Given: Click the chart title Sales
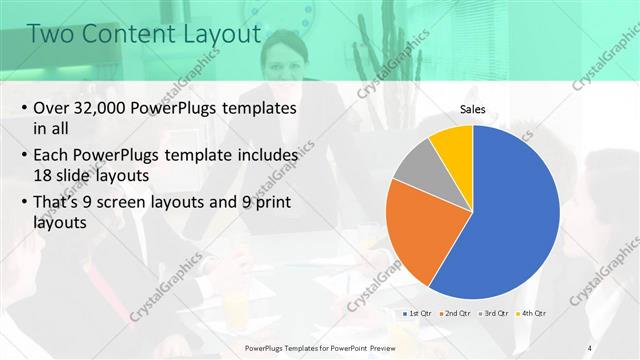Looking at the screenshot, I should (473, 109).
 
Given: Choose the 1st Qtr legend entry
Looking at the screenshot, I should (416, 314).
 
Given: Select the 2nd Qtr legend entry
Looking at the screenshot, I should (456, 314).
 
